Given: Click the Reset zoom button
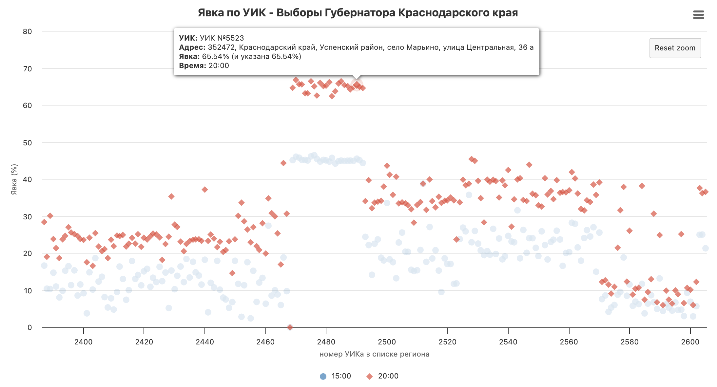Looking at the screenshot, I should point(675,48).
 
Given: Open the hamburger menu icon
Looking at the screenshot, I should point(698,15).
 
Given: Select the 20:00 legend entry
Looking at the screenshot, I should point(382,376).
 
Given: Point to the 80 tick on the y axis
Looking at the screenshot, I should point(28,32).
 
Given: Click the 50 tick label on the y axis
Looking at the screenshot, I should point(28,143).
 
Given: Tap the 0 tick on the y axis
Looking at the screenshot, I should point(30,327).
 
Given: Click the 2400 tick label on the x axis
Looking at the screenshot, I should point(84,342).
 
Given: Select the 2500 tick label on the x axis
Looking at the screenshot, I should point(387,342).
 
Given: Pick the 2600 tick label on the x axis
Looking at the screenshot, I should point(690,342).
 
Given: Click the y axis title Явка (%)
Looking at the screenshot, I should point(14,179).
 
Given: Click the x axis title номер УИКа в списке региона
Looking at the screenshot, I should point(374,354).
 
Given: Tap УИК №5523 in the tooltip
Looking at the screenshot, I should point(222,38).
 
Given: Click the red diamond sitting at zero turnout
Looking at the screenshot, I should point(290,327).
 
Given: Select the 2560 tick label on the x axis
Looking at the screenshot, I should point(569,342).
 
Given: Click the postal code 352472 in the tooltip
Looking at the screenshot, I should point(221,47).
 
